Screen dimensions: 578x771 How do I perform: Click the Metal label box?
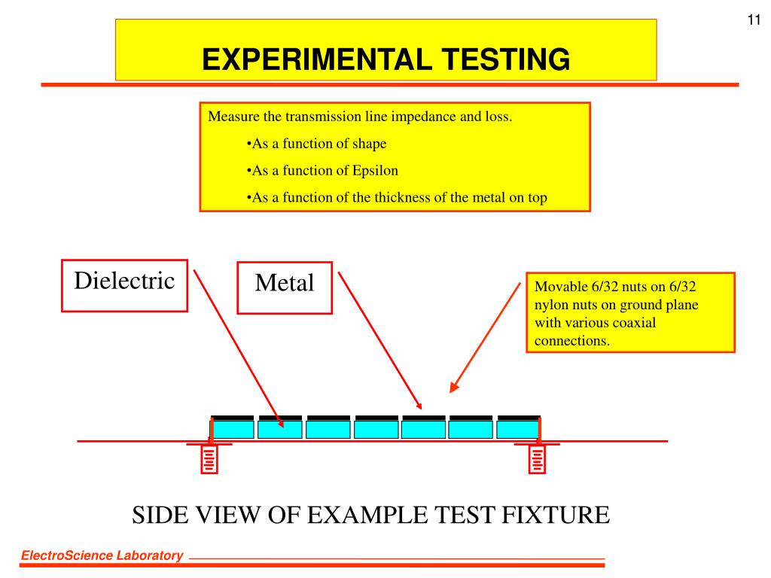pos(285,287)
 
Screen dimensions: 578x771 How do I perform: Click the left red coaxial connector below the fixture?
pos(209,459)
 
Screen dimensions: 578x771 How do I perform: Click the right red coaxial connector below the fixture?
pos(537,459)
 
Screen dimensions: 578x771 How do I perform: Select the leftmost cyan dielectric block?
pos(232,429)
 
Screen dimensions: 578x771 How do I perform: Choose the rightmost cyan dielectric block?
pos(518,429)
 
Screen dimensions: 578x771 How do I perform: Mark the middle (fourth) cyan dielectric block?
pos(376,429)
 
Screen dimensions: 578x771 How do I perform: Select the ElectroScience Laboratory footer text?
pos(102,556)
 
